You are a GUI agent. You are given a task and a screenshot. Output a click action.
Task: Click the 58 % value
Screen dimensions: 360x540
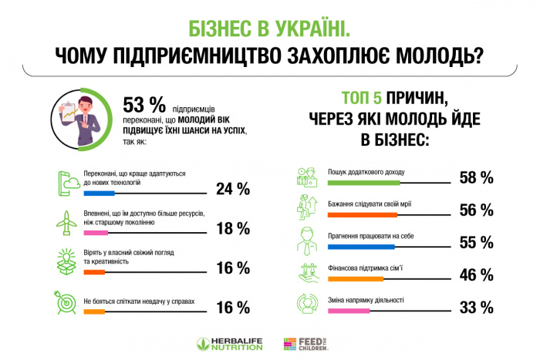point(475,178)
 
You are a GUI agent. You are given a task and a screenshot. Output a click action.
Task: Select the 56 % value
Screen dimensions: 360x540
point(475,210)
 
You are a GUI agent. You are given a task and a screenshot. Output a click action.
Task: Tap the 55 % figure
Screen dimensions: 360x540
point(475,242)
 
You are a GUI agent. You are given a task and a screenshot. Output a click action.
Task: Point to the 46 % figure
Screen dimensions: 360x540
point(475,274)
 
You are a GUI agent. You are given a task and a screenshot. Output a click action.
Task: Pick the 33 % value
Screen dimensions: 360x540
point(475,307)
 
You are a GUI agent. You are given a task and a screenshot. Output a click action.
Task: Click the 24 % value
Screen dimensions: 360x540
point(232,189)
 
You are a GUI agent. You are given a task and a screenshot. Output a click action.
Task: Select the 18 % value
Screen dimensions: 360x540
point(232,228)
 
